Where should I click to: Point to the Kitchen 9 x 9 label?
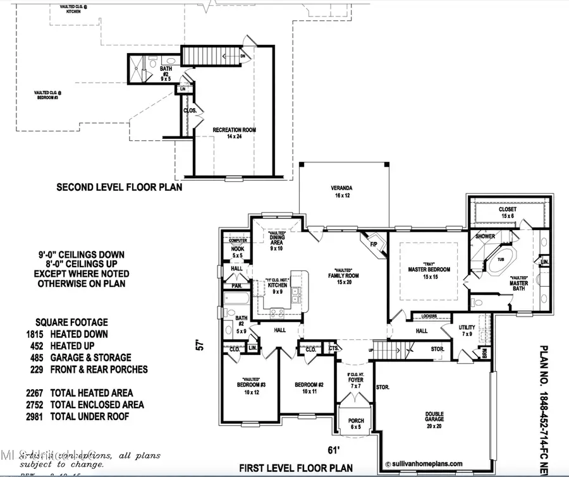(277, 289)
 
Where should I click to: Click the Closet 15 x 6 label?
(507, 213)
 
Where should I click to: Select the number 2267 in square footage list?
(41, 393)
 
